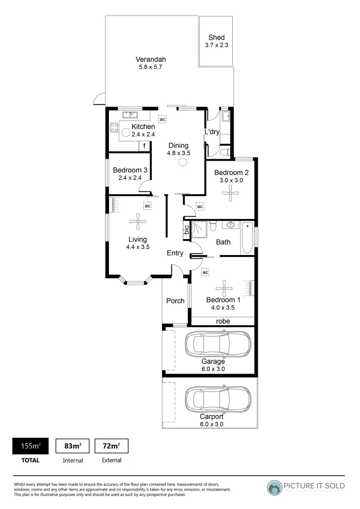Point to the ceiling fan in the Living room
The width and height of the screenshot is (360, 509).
pyautogui.click(x=138, y=220)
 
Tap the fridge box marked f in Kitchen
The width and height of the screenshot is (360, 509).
pyautogui.click(x=144, y=146)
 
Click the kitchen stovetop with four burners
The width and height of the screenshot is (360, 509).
pyautogui.click(x=114, y=127)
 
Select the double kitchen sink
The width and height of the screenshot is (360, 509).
pyautogui.click(x=130, y=115)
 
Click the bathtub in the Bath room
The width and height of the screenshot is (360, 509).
pyautogui.click(x=247, y=238)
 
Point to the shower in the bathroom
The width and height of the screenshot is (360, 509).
pyautogui.click(x=199, y=229)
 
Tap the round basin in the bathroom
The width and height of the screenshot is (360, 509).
pyautogui.click(x=231, y=225)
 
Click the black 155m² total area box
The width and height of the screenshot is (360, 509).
pyautogui.click(x=29, y=445)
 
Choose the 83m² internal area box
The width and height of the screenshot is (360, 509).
pyautogui.click(x=73, y=445)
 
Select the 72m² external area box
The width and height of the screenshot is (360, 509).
pyautogui.click(x=112, y=445)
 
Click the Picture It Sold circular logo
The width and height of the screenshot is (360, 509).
pyautogui.click(x=275, y=487)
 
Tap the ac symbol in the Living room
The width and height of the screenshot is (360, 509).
pyautogui.click(x=147, y=206)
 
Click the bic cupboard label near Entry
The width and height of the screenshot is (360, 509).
pyautogui.click(x=187, y=230)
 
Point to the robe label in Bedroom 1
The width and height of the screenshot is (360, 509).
pyautogui.click(x=223, y=321)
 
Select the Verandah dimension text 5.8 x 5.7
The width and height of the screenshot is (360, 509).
pyautogui.click(x=150, y=67)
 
